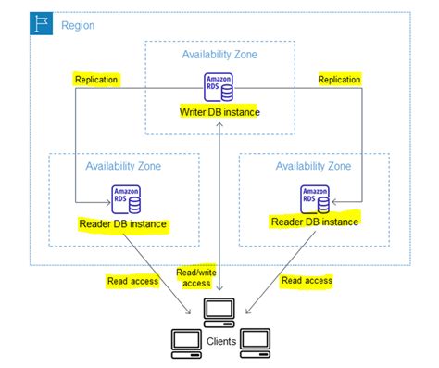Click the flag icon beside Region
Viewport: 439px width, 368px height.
[x=42, y=24]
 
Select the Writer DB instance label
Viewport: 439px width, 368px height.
[x=219, y=112]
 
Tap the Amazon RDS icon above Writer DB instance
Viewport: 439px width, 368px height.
[x=219, y=85]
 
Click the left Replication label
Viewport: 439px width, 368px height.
[x=96, y=80]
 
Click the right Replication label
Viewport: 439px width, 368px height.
[x=339, y=80]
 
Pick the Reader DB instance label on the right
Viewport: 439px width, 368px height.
[x=314, y=222]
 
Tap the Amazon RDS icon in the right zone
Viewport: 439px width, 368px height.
[x=314, y=197]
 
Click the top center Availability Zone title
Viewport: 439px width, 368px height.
[x=219, y=55]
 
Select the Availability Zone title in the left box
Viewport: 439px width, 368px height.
[x=123, y=166]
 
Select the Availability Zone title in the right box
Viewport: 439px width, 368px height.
[x=313, y=166]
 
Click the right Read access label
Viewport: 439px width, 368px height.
[x=307, y=280]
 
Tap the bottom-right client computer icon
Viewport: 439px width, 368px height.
[x=255, y=340]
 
